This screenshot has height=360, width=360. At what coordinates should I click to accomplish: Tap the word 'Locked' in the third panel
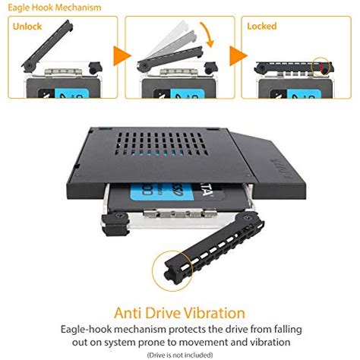coord(262,27)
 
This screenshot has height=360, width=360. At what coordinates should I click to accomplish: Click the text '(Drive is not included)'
coord(180,354)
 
